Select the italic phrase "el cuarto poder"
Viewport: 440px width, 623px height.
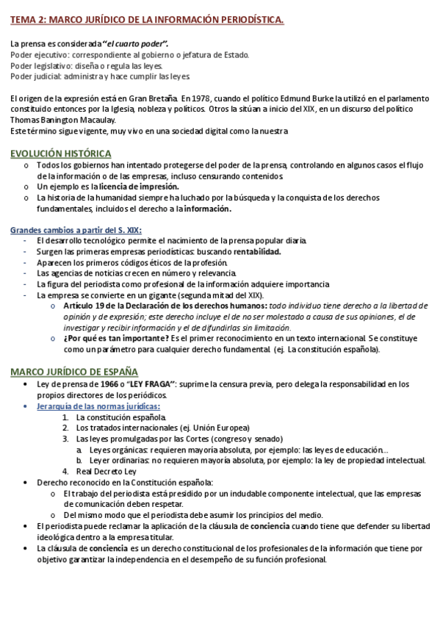[x=136, y=44]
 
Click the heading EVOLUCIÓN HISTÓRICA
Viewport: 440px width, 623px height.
[x=60, y=154]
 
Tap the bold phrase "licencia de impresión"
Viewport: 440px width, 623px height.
[x=130, y=187]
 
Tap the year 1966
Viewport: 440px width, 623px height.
[x=109, y=384]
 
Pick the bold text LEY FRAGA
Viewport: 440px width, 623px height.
[x=151, y=384]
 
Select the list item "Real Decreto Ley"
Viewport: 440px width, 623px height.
[x=107, y=471]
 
